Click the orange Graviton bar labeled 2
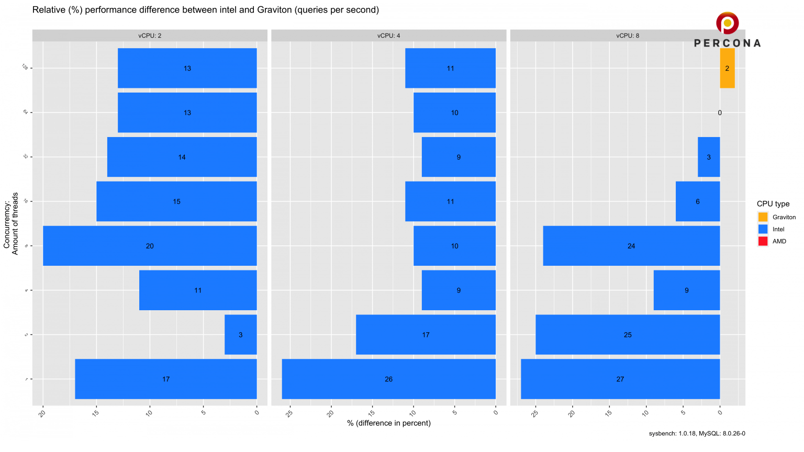[x=727, y=68]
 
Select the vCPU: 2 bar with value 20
[x=150, y=246]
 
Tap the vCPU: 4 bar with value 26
[x=388, y=379]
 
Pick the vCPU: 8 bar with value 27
[x=620, y=379]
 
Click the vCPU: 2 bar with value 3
[x=241, y=335]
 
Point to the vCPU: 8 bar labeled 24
[x=631, y=246]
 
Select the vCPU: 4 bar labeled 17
[x=426, y=335]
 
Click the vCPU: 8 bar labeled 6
[x=698, y=201]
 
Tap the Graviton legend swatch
[x=763, y=217]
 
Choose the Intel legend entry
[x=778, y=229]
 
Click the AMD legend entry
[x=779, y=241]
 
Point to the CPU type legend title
[x=773, y=204]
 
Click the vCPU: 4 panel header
[x=388, y=36]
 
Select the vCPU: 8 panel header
[x=627, y=36]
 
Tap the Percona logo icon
[x=727, y=24]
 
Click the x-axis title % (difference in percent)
[x=388, y=423]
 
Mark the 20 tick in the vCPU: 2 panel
[x=42, y=413]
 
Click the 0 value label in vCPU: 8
[x=720, y=112]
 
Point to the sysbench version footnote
[x=697, y=434]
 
